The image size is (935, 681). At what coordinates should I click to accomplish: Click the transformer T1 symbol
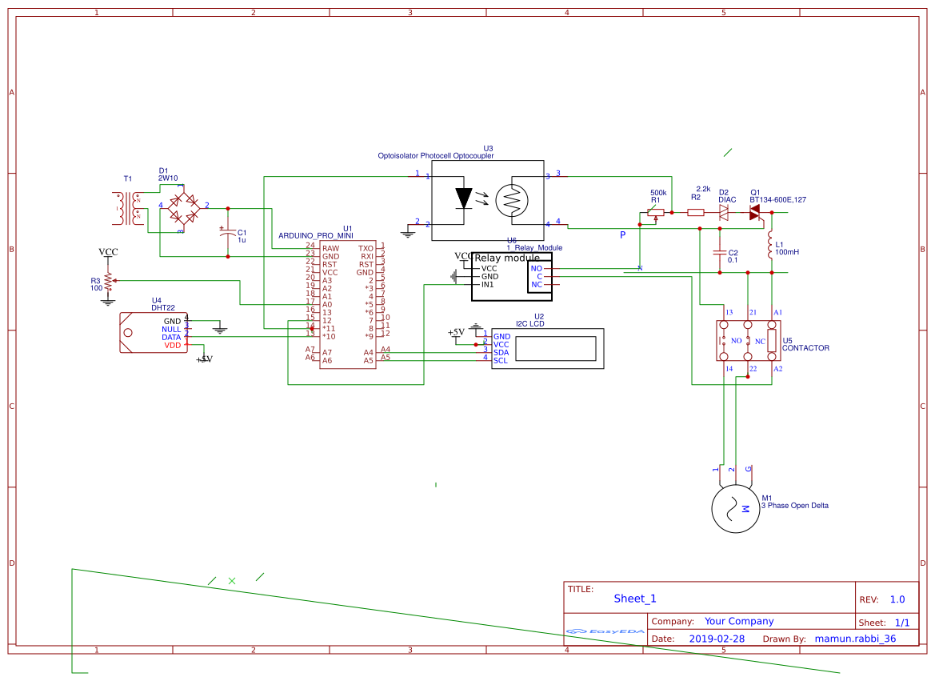point(128,208)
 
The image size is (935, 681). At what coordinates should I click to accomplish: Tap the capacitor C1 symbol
point(228,233)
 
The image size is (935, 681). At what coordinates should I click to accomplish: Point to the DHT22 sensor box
point(152,333)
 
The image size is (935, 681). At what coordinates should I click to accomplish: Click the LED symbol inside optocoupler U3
point(465,197)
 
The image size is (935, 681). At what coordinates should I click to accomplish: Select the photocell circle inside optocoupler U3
point(512,200)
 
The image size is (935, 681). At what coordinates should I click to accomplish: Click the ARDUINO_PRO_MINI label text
point(315,236)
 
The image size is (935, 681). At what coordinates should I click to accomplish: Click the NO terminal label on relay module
point(536,268)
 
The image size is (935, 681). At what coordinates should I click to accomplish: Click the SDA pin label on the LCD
point(501,352)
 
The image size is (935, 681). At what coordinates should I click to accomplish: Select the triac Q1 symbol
point(754,212)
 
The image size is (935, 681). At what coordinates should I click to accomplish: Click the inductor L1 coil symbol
point(771,248)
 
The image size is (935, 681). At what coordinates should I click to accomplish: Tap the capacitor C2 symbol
point(721,253)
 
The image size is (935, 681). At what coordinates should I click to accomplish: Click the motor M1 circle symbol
point(735,507)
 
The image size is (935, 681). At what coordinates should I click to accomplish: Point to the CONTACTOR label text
point(805,348)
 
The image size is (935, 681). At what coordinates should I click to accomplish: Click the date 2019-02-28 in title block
point(716,639)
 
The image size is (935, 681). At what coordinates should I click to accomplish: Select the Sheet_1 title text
point(635,599)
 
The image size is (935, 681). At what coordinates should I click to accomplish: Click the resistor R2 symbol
point(696,212)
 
